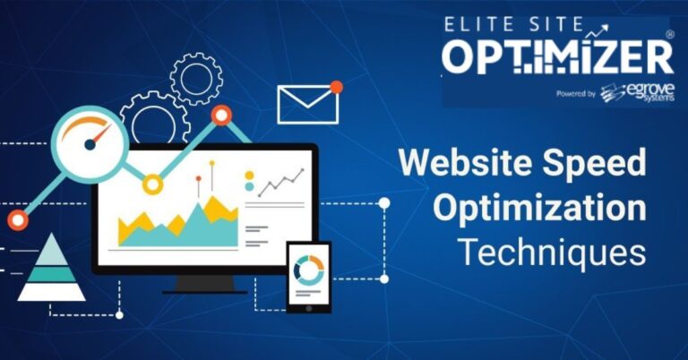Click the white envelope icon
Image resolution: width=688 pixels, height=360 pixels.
pos(307,105)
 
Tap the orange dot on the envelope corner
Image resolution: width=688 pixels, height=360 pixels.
pos(336,87)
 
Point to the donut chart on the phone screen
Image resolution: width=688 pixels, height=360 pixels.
pos(308,270)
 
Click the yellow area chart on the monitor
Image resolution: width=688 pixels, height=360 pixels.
pos(178,224)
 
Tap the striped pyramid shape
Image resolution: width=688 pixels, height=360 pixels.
pos(51,269)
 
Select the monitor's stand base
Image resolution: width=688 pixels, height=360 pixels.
pos(204,286)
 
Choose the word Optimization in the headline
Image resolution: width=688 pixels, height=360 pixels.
pos(539,209)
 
